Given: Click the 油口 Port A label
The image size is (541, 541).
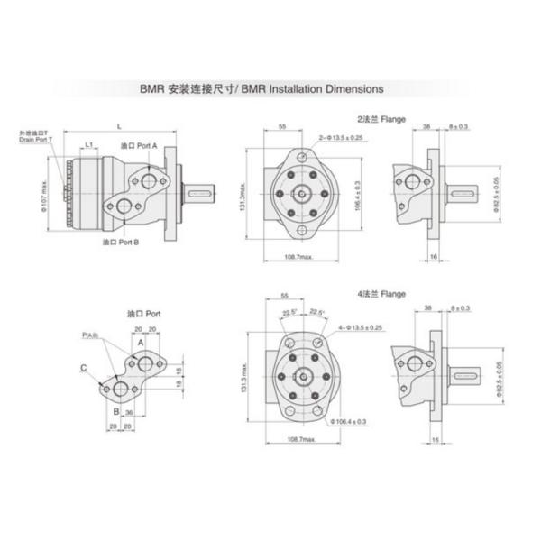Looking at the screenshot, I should click(140, 144).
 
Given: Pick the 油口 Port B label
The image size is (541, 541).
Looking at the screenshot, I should click(120, 243).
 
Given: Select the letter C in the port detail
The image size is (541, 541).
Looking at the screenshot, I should click(83, 368).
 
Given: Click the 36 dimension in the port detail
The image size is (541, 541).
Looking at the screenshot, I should click(129, 413).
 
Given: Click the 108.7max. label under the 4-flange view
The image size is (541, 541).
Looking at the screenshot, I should click(299, 439).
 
